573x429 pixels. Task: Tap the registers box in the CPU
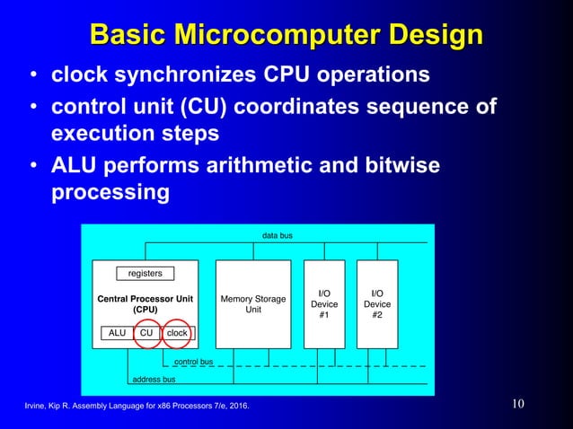tap(145, 273)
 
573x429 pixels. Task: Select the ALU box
tap(117, 333)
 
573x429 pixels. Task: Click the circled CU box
tap(145, 333)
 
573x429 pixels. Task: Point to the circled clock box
tap(177, 333)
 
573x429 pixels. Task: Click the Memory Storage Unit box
tap(253, 304)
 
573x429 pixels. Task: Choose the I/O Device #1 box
tap(324, 304)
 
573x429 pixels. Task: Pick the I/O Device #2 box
tap(377, 304)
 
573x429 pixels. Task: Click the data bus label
tap(277, 235)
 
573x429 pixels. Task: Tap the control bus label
tap(193, 362)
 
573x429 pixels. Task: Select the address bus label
tap(154, 380)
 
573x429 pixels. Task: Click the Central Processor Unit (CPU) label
tap(145, 304)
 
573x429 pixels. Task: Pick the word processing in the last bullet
tap(108, 192)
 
